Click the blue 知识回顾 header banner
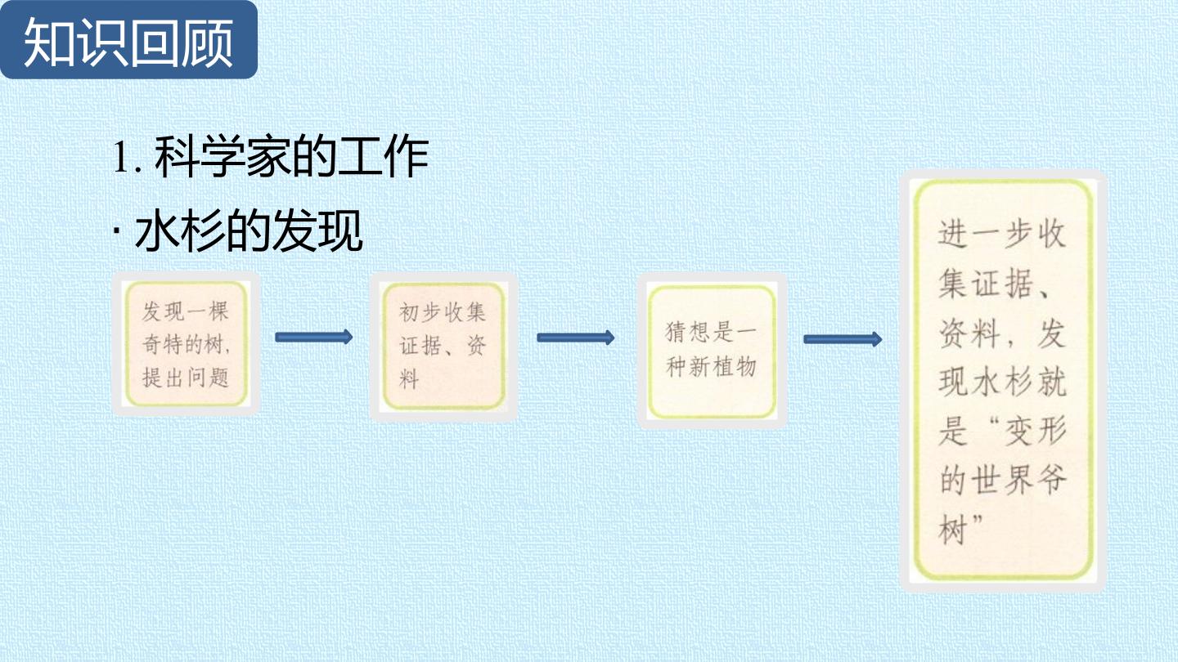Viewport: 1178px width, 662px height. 128,39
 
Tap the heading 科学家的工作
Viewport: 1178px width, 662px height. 291,157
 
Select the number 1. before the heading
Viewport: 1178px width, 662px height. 128,158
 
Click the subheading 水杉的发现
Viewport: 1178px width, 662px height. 249,230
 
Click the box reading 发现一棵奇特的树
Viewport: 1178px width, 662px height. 187,344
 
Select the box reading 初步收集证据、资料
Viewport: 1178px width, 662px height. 444,347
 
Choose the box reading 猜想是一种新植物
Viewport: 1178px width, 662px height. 712,351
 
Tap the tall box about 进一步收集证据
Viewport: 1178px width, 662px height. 1004,381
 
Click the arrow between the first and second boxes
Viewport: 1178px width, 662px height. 314,337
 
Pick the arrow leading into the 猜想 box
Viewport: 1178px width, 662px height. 575,338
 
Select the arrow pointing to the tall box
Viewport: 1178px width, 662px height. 843,339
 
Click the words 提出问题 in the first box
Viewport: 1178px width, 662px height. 186,378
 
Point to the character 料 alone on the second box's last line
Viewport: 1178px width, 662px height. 409,379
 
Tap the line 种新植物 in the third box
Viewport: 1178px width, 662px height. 711,366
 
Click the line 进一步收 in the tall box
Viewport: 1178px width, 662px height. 1002,234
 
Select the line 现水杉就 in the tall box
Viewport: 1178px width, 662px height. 1002,382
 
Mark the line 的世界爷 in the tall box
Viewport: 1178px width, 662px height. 1002,480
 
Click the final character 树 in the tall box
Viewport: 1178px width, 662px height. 954,530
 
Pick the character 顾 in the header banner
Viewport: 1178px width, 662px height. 207,42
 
